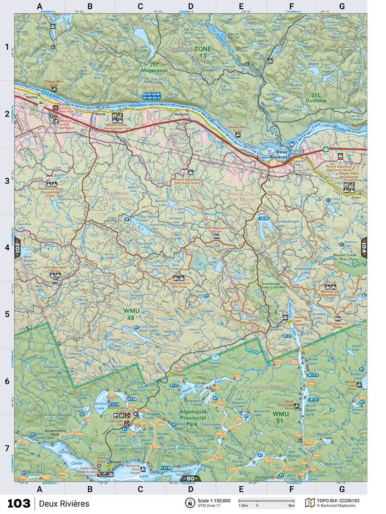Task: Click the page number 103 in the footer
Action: coord(19,503)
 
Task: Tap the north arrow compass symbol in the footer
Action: coord(188,503)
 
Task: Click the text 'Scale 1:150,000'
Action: coord(214,500)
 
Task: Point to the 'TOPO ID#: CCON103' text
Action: coord(340,500)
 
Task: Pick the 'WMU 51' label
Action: coord(281,418)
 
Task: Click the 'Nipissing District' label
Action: coord(266,387)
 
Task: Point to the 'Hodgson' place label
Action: coord(181,114)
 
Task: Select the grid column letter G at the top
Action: coord(342,6)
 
